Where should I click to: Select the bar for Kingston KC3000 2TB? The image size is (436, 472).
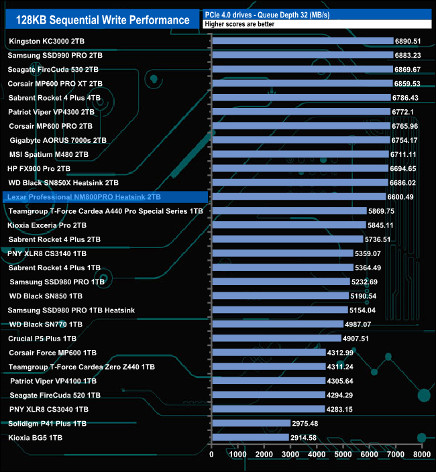tap(302, 41)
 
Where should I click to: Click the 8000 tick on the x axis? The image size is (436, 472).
tap(421, 454)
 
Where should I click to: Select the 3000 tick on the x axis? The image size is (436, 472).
tap(290, 454)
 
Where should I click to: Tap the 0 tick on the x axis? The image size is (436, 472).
tap(212, 454)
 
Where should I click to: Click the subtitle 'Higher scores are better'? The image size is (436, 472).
tap(239, 23)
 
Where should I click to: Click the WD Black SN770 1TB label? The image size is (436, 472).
tap(46, 324)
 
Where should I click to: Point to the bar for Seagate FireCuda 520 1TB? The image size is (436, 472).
tap(268, 395)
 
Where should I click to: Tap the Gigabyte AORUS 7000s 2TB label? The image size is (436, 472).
tap(58, 140)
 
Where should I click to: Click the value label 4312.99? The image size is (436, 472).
tap(345, 353)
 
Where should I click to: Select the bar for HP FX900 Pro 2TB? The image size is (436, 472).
tap(299, 168)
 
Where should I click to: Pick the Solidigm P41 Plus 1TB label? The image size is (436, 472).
tap(48, 424)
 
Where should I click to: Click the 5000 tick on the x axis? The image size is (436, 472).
tap(343, 454)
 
